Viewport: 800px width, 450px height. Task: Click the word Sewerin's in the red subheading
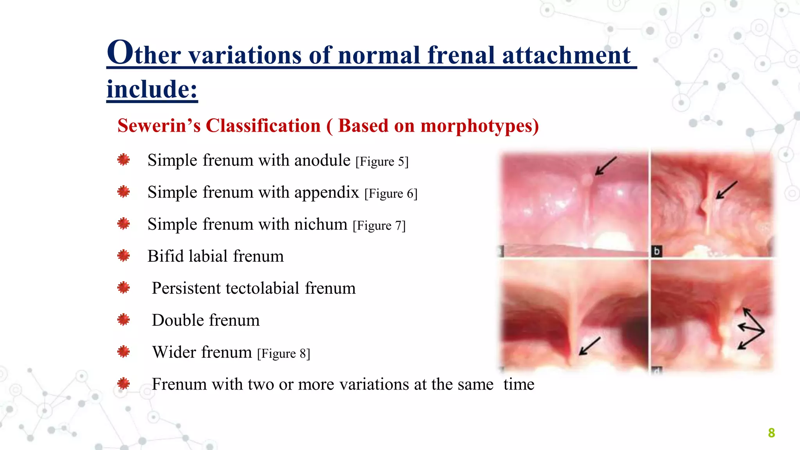(x=159, y=126)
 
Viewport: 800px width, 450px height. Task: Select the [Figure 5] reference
(x=382, y=161)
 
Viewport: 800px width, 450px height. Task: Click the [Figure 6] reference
(x=391, y=193)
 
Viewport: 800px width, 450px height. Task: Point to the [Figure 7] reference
(x=379, y=225)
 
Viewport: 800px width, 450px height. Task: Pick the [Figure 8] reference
(x=284, y=354)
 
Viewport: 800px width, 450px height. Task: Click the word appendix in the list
(x=327, y=193)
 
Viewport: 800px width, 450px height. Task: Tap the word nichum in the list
(x=320, y=224)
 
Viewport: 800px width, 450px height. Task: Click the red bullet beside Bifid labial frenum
(x=123, y=256)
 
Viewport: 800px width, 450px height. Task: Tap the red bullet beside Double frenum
(x=123, y=320)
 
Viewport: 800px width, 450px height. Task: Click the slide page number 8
(x=771, y=433)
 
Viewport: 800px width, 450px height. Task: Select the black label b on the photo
(x=657, y=251)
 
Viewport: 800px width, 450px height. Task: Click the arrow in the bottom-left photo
(x=589, y=346)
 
